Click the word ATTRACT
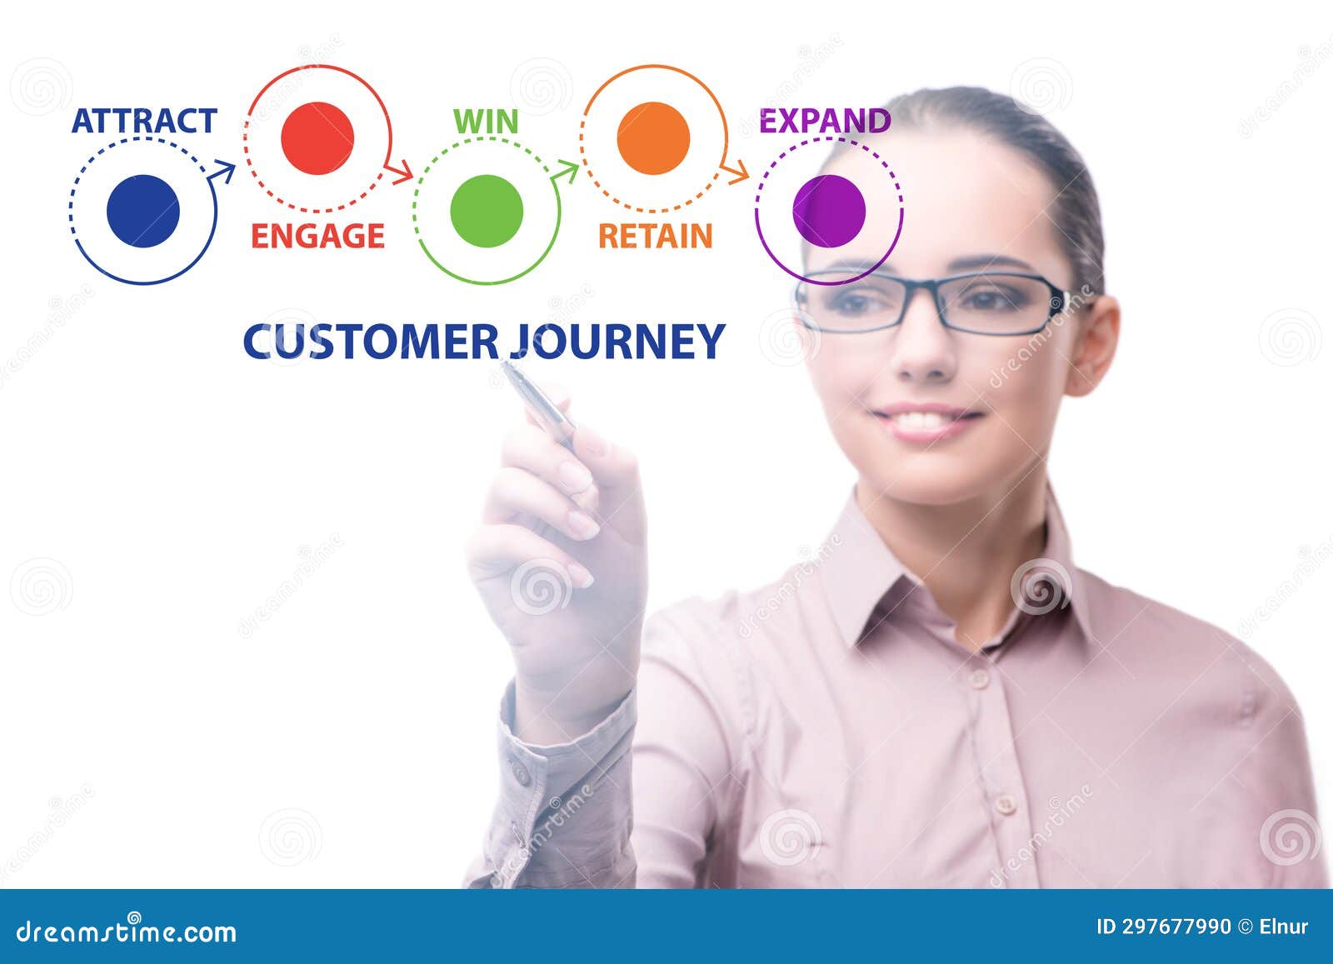144,121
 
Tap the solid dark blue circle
143,211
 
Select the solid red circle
317,138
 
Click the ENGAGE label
317,237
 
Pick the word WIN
486,122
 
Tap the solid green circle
487,211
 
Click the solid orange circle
653,138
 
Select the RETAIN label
656,237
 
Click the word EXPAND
825,122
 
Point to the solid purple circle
829,211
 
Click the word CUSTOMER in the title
370,342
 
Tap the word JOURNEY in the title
617,342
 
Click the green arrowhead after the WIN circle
567,171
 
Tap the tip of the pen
504,364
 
